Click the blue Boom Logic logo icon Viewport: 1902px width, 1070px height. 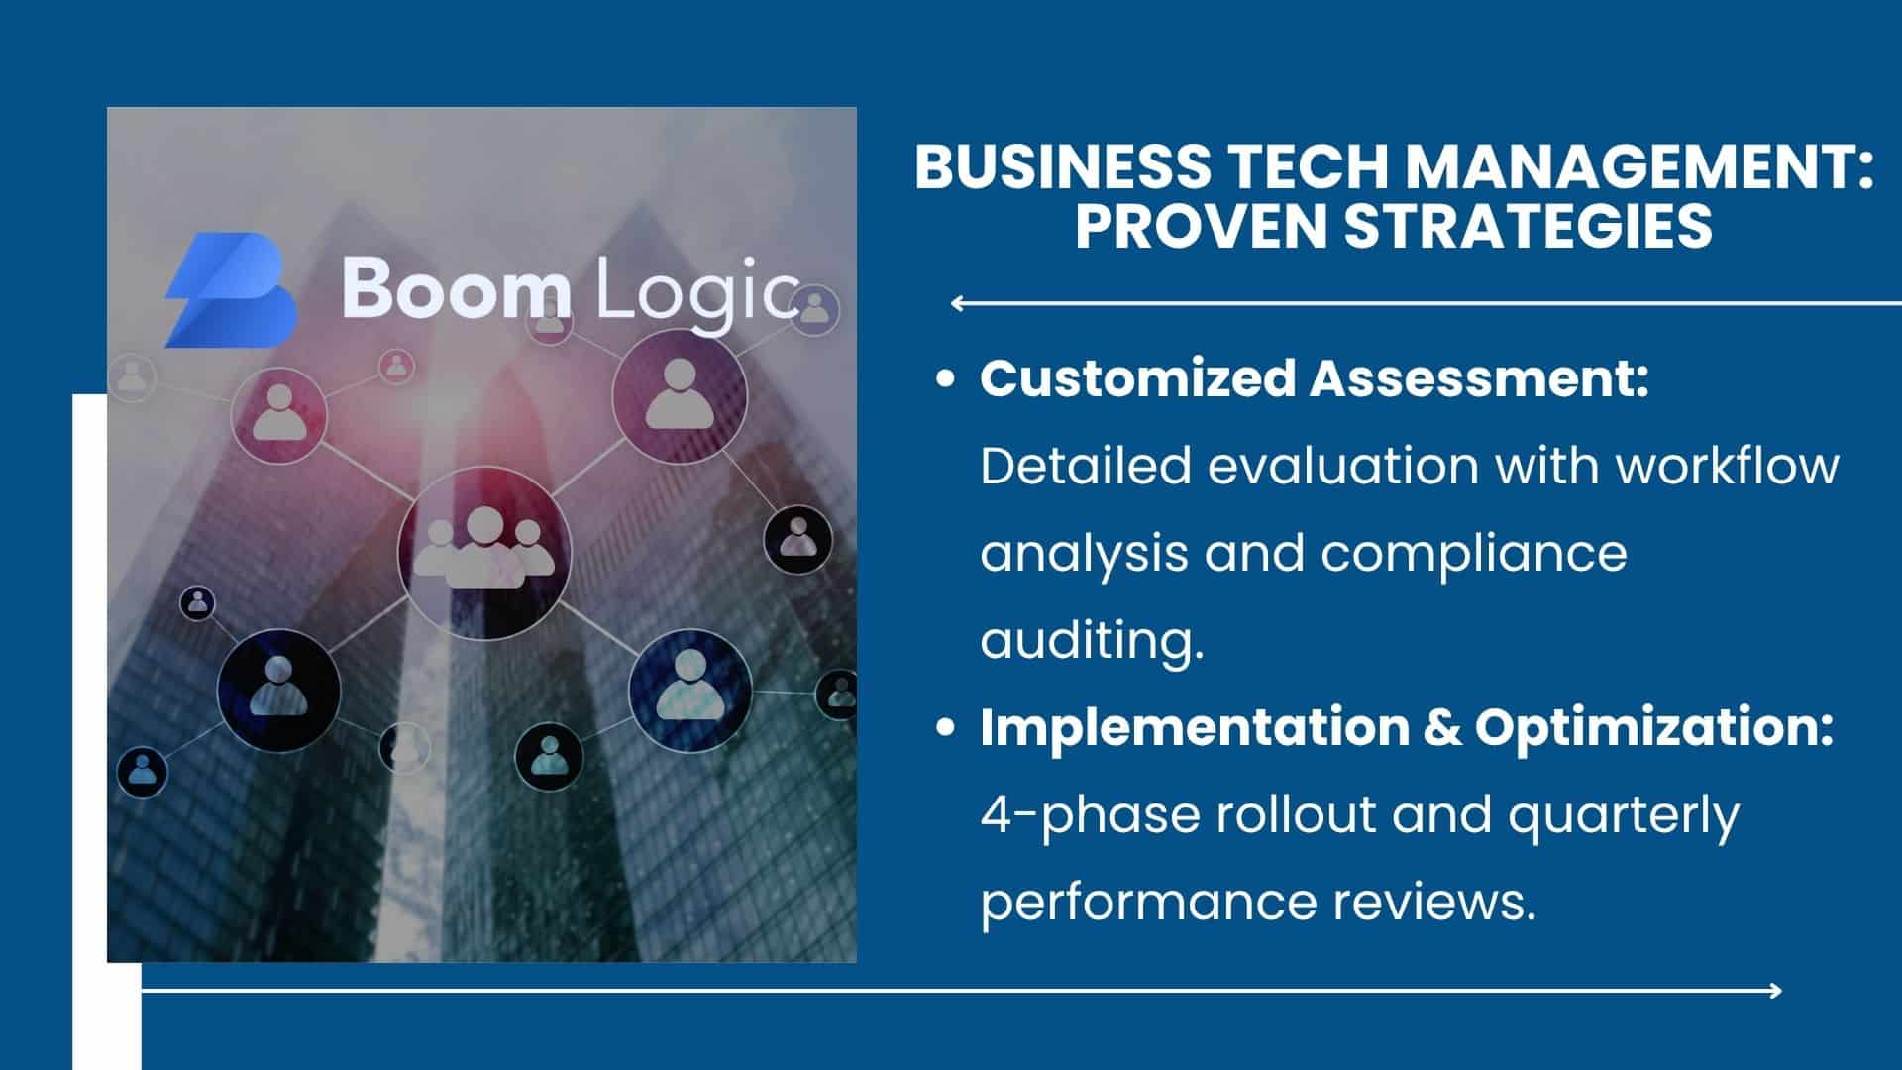click(x=231, y=290)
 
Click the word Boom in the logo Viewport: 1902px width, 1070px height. click(x=457, y=288)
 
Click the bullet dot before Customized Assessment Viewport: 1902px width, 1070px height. click(x=946, y=379)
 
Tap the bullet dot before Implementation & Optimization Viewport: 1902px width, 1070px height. click(x=946, y=728)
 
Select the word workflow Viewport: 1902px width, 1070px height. click(x=1728, y=466)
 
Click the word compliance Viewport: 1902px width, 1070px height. click(x=1473, y=555)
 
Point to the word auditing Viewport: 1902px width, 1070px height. click(x=1093, y=641)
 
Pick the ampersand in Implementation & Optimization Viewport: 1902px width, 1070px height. click(x=1442, y=728)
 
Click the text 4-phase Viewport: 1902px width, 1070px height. click(x=1090, y=816)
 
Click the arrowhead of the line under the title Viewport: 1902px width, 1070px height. click(x=958, y=304)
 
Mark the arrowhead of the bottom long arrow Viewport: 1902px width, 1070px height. click(x=1774, y=990)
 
